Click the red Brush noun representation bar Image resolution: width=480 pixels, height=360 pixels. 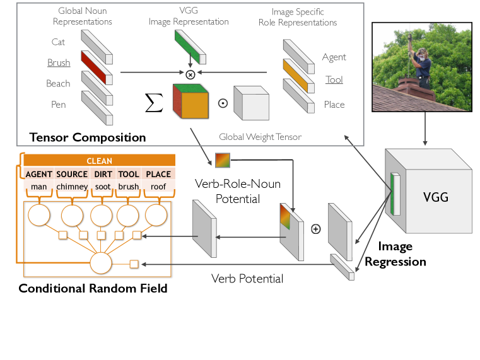point(97,67)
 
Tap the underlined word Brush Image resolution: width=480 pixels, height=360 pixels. point(59,62)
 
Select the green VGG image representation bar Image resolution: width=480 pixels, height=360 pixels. point(190,47)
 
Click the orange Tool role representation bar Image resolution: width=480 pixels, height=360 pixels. point(299,76)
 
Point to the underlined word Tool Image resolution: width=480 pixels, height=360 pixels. point(334,79)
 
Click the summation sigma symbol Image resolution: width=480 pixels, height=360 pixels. point(154,103)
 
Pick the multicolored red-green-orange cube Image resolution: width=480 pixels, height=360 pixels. point(190,102)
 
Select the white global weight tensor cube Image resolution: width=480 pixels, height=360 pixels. point(251,103)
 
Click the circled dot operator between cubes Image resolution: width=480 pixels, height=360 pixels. point(223,103)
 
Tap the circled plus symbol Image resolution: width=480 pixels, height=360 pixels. point(315,229)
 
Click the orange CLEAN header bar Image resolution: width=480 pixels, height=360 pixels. point(100,161)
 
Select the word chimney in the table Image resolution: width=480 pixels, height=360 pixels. point(72,187)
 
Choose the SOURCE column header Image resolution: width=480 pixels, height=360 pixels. point(72,174)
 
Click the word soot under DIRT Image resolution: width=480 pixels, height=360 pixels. point(103,187)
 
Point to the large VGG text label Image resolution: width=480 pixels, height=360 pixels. point(436,197)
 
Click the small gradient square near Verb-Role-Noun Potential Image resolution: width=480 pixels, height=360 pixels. point(223,160)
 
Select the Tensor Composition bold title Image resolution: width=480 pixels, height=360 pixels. point(88,137)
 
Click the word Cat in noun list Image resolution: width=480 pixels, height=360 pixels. point(58,42)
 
